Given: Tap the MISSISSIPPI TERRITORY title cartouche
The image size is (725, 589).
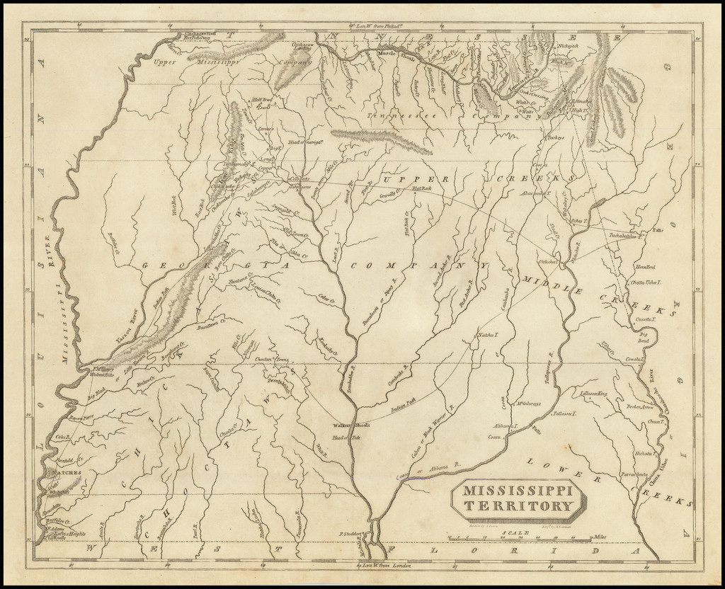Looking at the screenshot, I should (519, 498).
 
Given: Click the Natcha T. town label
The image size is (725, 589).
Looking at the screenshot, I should (488, 334).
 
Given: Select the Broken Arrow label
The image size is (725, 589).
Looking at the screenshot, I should (639, 407).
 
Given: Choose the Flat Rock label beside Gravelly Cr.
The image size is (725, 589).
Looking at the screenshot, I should (426, 189).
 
